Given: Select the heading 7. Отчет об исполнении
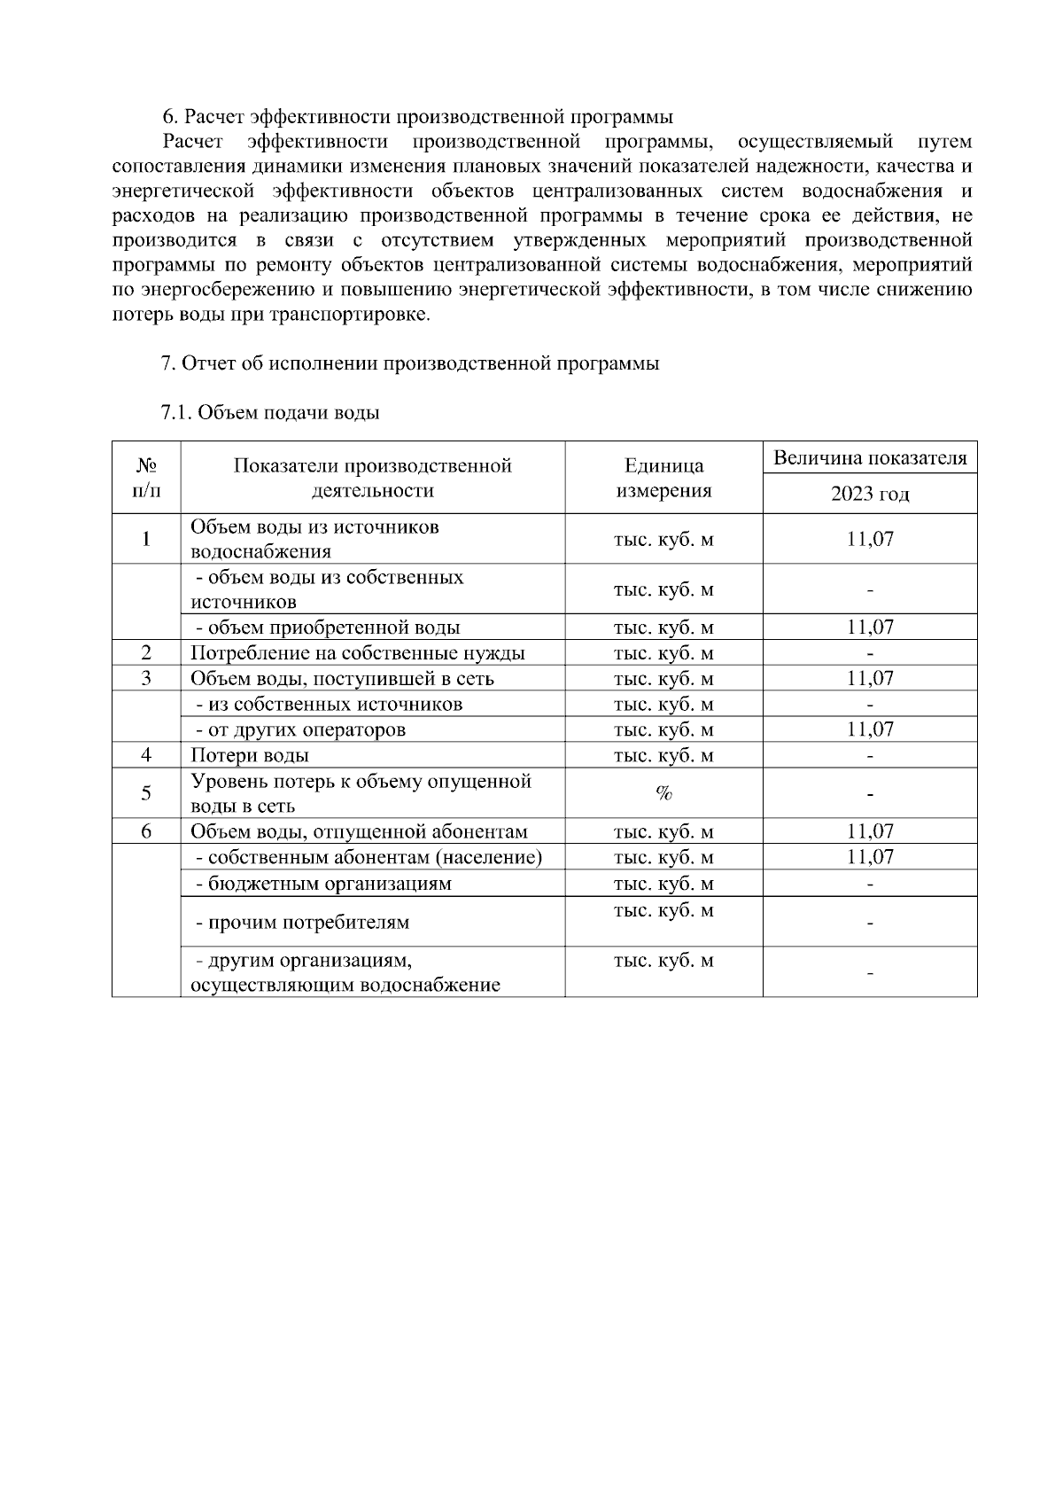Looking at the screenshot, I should coord(409,363).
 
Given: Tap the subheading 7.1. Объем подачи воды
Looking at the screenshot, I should coord(270,413).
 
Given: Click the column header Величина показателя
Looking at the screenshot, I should coord(870,458).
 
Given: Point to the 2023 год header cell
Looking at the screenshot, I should coord(870,494).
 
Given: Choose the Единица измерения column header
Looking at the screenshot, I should coord(663,478).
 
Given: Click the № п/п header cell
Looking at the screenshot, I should coord(146,478).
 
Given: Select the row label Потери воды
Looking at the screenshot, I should coord(250,755).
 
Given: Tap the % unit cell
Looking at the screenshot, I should coord(663,793).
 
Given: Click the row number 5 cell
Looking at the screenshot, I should coord(146,793).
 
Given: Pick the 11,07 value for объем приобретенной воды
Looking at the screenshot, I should coord(870,628).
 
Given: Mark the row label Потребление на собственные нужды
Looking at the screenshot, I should coord(358,653).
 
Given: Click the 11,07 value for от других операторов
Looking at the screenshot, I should coord(870,729).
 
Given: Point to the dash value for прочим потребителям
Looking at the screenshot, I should coord(870,923).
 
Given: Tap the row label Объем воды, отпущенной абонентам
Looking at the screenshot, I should coord(359,831).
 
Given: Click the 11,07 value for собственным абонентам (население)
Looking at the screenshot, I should coord(870,857).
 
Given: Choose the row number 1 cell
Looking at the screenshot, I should coord(146,539).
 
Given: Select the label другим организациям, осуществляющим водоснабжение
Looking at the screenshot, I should coord(345,972).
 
